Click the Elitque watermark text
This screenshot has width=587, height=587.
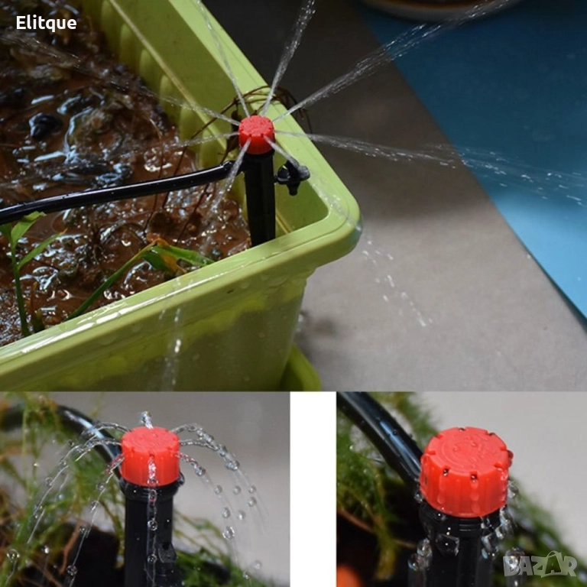(46, 23)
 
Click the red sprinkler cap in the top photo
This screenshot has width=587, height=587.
(257, 134)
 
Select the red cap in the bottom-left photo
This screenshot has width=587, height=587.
(151, 456)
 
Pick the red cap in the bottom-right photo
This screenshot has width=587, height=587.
(465, 471)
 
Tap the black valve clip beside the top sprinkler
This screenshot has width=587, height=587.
(293, 176)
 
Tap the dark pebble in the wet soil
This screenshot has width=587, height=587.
(46, 125)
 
